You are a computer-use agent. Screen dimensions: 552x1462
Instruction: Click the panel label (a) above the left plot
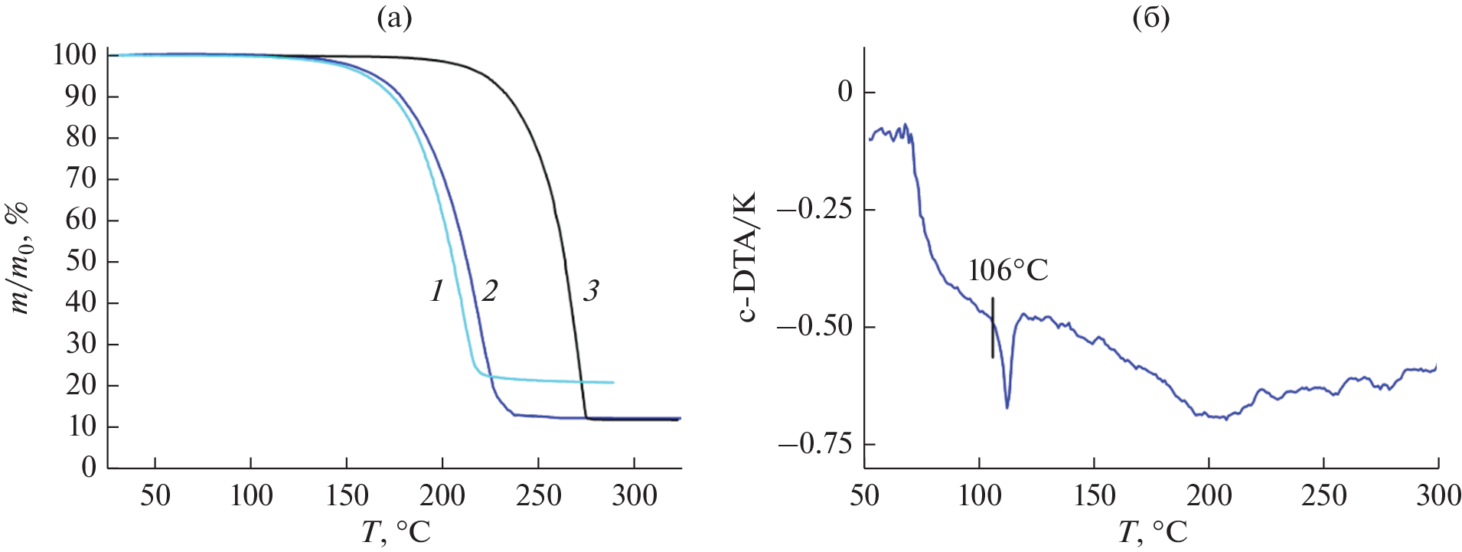pyautogui.click(x=394, y=18)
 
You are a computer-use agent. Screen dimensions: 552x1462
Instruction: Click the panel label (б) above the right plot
pyautogui.click(x=1150, y=18)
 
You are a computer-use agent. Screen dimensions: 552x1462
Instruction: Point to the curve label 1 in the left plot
pyautogui.click(x=437, y=291)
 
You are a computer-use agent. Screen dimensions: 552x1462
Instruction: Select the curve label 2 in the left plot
pyautogui.click(x=489, y=291)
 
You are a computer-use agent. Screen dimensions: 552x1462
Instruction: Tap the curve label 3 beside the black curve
pyautogui.click(x=591, y=291)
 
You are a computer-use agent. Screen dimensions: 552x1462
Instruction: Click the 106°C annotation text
pyautogui.click(x=1007, y=271)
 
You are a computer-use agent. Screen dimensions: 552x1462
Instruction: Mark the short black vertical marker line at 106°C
pyautogui.click(x=993, y=327)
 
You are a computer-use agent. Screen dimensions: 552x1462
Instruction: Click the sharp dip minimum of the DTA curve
pyautogui.click(x=1007, y=407)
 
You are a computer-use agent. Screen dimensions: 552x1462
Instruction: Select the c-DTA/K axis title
pyautogui.click(x=747, y=256)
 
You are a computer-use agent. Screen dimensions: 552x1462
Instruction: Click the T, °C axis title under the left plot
pyautogui.click(x=395, y=531)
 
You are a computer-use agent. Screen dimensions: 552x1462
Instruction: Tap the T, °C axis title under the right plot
pyautogui.click(x=1152, y=531)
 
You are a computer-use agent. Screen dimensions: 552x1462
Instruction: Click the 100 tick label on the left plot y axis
pyautogui.click(x=74, y=55)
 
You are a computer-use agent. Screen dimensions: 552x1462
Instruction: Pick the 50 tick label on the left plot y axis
pyautogui.click(x=82, y=261)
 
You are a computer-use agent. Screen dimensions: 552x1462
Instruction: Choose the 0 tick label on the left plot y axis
pyautogui.click(x=90, y=467)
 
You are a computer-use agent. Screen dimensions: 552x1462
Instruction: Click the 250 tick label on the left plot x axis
pyautogui.click(x=539, y=496)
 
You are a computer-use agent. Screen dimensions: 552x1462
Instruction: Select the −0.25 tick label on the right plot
pyautogui.click(x=814, y=209)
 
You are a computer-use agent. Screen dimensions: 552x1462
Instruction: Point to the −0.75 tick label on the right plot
pyautogui.click(x=814, y=444)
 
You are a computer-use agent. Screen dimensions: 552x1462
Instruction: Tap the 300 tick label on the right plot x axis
pyautogui.click(x=1438, y=496)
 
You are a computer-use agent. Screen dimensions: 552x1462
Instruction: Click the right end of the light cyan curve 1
pyautogui.click(x=612, y=382)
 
